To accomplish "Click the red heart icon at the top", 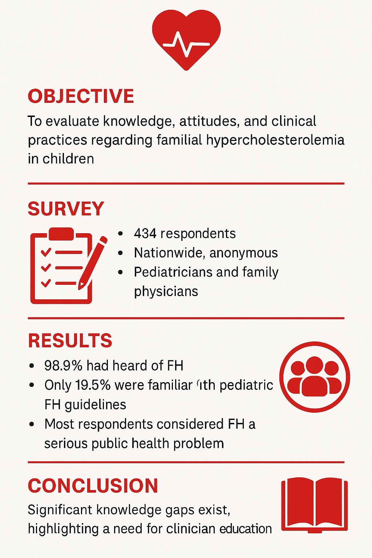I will [186, 38].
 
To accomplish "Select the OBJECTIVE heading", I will [81, 96].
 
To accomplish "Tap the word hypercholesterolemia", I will [275, 140].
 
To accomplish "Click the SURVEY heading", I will [66, 209].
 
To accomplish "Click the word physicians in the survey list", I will [166, 291].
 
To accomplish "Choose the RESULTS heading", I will [70, 341].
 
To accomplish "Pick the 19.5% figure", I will [93, 385].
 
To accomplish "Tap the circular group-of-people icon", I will [315, 377].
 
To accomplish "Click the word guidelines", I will [96, 405].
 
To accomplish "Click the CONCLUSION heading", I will [93, 486].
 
